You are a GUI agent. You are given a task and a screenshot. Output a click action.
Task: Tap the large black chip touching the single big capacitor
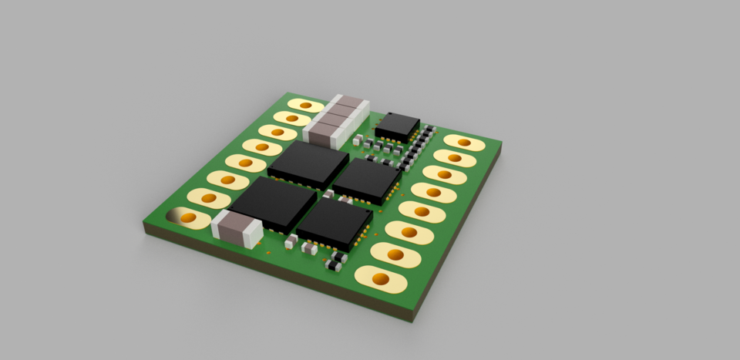[x=274, y=204]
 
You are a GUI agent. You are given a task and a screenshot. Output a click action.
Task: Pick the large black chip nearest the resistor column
[x=368, y=180]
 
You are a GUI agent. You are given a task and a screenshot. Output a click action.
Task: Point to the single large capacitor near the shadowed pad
[x=237, y=228]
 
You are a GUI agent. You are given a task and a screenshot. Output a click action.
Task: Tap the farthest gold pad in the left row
[x=305, y=106]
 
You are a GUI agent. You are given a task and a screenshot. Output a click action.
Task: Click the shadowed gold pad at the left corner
[x=189, y=219]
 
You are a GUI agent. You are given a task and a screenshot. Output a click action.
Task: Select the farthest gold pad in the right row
[x=464, y=143]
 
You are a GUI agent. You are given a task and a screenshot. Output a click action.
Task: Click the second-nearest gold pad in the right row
[x=395, y=254]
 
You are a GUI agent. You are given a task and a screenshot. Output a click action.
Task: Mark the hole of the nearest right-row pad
[x=379, y=278]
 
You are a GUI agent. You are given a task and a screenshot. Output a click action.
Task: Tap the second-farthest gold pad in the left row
[x=291, y=118]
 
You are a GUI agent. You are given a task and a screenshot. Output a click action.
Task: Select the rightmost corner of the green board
[x=502, y=143]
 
